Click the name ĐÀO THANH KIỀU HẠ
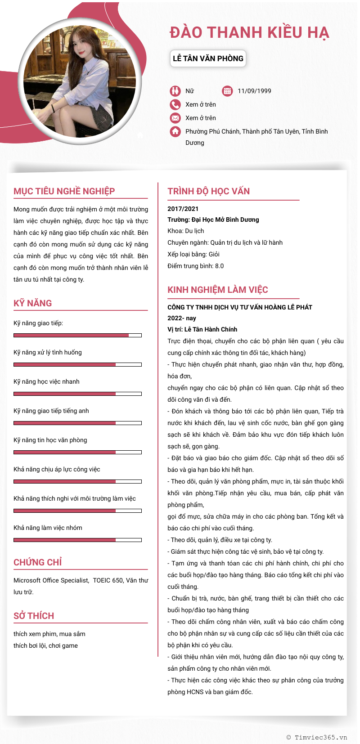tap(249, 33)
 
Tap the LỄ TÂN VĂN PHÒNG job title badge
tap(208, 58)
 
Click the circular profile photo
tap(80, 81)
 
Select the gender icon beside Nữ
tap(175, 91)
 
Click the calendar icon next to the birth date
tap(227, 91)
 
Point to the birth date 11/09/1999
tap(254, 91)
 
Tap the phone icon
tap(175, 104)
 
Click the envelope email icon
tap(175, 118)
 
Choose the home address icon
tap(175, 131)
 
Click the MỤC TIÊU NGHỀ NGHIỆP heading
tap(64, 191)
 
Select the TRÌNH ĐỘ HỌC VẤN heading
tap(209, 191)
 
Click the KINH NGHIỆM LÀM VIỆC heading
tap(218, 290)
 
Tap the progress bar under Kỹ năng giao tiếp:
tap(77, 335)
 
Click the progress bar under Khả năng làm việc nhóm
tap(77, 540)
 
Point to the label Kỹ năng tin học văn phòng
tap(50, 440)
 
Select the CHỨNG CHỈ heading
tap(38, 562)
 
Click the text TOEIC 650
tap(108, 580)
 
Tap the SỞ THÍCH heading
tap(34, 616)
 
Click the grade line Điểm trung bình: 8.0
tap(196, 266)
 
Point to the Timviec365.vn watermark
tap(317, 737)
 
